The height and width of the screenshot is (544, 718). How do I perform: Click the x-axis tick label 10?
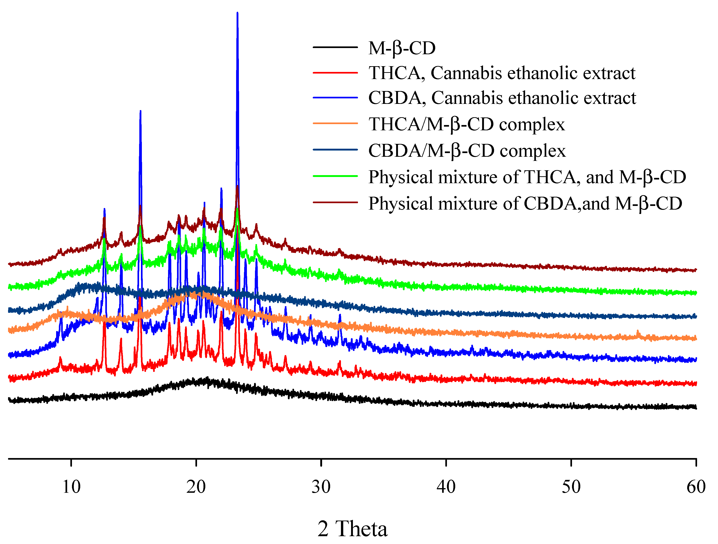coord(71,487)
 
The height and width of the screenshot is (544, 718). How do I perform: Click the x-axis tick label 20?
coord(196,487)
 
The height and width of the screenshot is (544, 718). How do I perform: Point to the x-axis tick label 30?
coord(321,487)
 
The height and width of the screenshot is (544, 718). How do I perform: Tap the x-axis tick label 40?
coord(446,487)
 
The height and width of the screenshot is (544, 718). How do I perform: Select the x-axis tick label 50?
coord(571,487)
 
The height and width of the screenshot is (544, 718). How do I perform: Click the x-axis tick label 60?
coord(696,487)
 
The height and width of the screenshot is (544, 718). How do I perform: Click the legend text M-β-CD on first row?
coord(402,48)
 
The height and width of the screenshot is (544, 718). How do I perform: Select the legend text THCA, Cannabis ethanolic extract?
coord(502,73)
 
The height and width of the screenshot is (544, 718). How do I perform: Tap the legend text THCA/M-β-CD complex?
coord(467,124)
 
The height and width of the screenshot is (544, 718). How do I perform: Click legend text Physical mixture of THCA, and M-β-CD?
coord(527,177)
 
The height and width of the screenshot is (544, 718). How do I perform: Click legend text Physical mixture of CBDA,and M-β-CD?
coord(525,203)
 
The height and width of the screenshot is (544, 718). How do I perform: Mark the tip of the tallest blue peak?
coord(237,13)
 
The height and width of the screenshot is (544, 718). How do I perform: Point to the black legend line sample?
coord(335,47)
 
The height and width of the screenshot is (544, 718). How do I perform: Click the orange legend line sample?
coord(335,123)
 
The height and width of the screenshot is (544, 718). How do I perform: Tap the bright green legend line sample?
coord(335,176)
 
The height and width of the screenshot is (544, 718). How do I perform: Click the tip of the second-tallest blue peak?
coord(140,111)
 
